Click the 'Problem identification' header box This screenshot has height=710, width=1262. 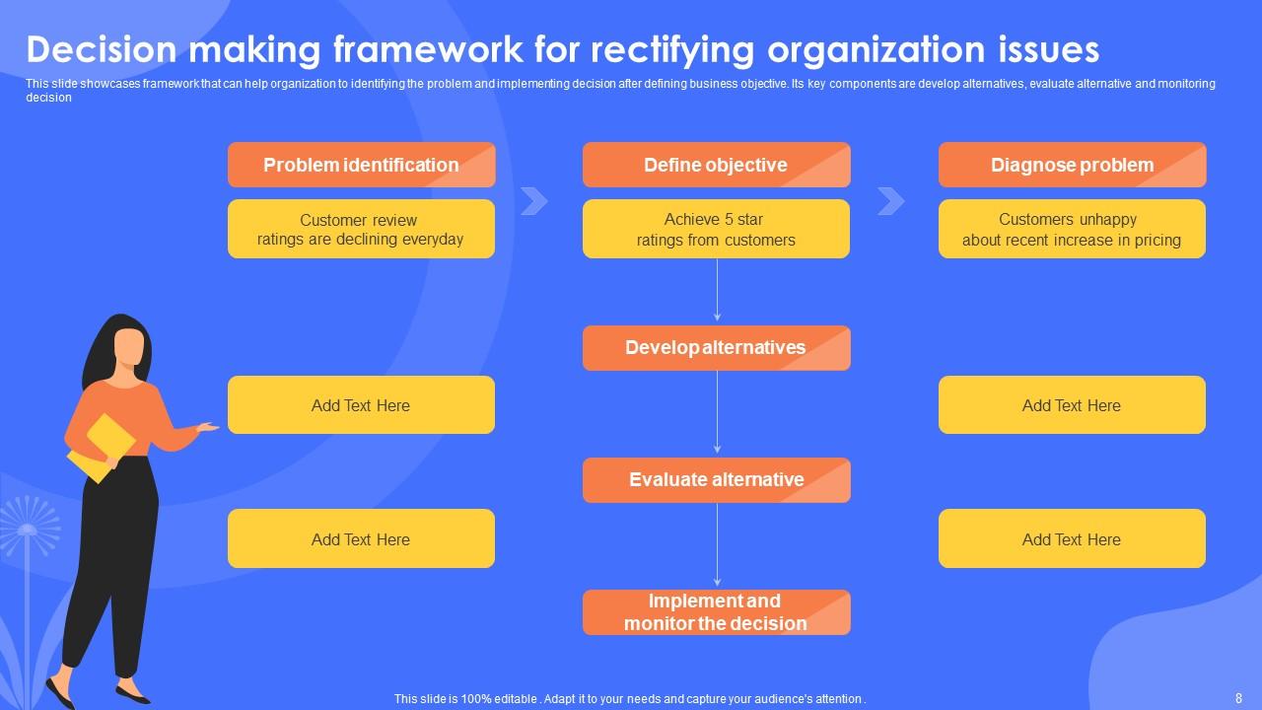(361, 165)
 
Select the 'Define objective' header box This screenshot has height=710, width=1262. (716, 165)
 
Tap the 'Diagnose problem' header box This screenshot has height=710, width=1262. (1072, 165)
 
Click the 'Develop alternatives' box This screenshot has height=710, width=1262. (716, 348)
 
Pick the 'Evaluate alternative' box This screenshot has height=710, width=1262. (716, 480)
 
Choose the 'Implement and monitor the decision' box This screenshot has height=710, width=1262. (716, 612)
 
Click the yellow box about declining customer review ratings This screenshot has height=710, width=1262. (361, 229)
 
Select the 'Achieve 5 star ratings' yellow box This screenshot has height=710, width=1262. (716, 229)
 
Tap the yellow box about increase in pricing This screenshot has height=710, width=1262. (1072, 229)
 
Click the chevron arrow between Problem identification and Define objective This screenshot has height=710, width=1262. (533, 201)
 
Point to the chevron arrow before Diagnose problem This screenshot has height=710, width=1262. (890, 201)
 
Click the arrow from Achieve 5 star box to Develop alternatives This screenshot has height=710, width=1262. (717, 291)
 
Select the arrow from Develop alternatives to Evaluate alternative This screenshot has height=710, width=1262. (717, 413)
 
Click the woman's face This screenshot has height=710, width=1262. (129, 346)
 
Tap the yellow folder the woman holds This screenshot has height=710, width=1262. (101, 448)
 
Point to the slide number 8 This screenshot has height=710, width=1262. (1238, 697)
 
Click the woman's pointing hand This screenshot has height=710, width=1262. (207, 427)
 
